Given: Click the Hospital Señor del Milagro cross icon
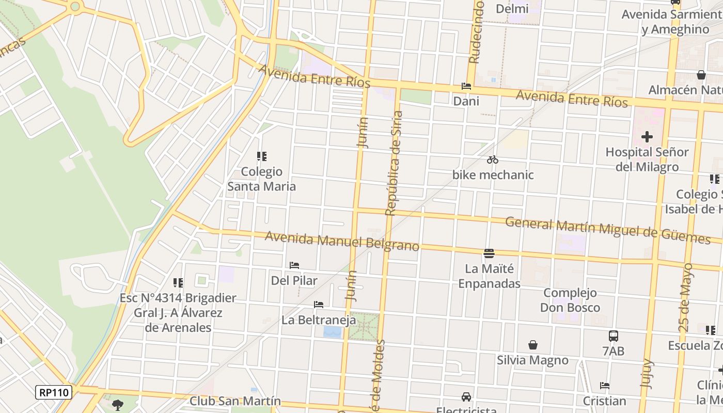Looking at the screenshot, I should (647, 137).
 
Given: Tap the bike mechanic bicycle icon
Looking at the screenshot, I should (493, 160).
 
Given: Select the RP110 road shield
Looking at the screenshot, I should (54, 392).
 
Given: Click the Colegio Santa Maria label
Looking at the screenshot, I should (262, 179).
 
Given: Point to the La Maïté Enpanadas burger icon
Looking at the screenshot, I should (489, 253).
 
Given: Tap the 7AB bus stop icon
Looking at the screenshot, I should (614, 336).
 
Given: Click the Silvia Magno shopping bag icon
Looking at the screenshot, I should (532, 345).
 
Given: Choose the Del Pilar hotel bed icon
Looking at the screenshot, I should (294, 265).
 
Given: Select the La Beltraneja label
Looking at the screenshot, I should (319, 320).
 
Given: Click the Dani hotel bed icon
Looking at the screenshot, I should (466, 86).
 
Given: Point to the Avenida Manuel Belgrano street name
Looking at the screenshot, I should (342, 242).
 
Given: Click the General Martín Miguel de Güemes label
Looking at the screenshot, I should (607, 230).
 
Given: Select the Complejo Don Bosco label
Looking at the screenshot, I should (570, 300).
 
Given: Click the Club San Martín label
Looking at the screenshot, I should (235, 401).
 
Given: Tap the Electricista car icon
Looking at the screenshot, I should (466, 396).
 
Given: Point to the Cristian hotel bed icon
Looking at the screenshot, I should (605, 386).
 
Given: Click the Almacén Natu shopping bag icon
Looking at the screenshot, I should (701, 75).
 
